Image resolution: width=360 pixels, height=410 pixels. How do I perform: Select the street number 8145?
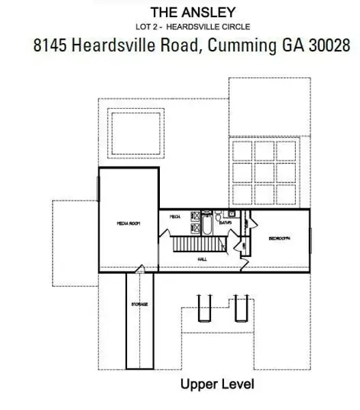[x=52, y=45]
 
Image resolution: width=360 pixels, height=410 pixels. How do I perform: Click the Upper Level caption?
[x=217, y=384]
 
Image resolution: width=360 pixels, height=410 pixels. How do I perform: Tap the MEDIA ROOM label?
[x=128, y=223]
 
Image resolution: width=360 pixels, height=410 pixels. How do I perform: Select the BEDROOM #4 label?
[x=279, y=238]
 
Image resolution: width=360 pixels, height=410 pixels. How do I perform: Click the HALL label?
[x=202, y=260]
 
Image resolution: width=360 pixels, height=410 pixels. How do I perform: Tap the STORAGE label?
[x=140, y=303]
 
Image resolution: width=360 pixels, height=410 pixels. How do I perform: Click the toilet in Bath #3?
[x=219, y=215]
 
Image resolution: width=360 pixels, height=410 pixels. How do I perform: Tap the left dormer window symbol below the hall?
[x=202, y=307]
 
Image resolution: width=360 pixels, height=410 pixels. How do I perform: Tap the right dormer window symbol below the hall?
[x=240, y=307]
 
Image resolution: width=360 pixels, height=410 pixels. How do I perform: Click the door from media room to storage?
[x=140, y=271]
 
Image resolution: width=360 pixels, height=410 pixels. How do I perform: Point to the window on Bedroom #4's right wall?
[x=311, y=239]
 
